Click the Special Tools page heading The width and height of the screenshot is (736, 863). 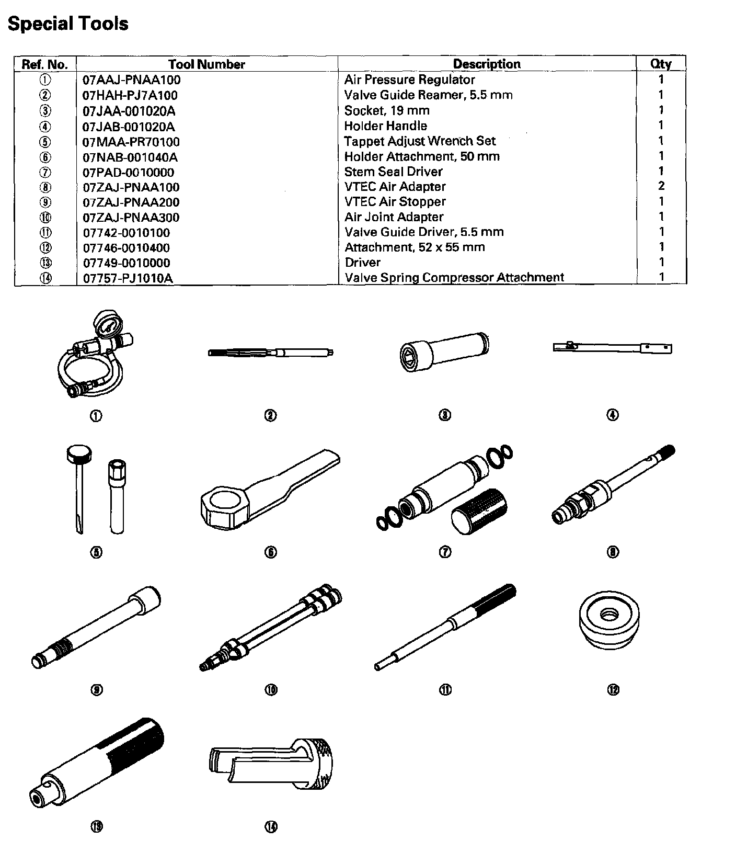[68, 24]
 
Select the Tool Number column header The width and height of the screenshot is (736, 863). [206, 64]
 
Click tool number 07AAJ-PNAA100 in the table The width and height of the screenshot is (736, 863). [132, 80]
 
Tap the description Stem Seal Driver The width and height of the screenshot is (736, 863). [393, 172]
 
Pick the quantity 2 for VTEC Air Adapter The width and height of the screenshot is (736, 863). [661, 186]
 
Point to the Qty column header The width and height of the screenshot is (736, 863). [661, 64]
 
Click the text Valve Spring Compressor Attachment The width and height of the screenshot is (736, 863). [454, 277]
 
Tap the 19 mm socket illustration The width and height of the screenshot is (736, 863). [443, 350]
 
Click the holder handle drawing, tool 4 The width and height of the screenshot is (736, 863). [612, 347]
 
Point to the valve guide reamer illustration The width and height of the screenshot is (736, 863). [270, 353]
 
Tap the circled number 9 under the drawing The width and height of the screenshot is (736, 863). [97, 690]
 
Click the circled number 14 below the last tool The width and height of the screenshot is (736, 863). [271, 827]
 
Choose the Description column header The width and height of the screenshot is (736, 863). [486, 64]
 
